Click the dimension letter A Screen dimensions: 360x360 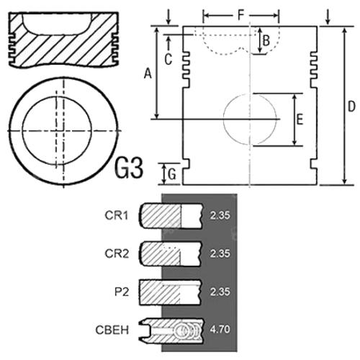148,73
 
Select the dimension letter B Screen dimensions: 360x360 266,40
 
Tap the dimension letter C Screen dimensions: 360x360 168,59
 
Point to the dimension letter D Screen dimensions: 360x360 351,107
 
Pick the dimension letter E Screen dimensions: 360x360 300,120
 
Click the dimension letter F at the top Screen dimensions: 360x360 241,15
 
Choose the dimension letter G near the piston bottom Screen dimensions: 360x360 172,174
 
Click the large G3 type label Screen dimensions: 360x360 129,168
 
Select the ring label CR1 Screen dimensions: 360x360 117,215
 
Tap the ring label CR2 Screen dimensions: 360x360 117,253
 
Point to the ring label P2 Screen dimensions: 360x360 122,292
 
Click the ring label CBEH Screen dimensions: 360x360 112,330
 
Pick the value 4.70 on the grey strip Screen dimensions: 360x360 220,329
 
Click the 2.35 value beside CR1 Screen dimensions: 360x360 220,215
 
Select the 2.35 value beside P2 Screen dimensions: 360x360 220,292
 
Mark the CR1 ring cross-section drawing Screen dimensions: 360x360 171,216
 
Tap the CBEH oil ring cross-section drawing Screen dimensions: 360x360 171,330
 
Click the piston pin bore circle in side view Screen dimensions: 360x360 250,120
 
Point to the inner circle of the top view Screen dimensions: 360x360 57,131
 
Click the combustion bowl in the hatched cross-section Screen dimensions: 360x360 57,24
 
